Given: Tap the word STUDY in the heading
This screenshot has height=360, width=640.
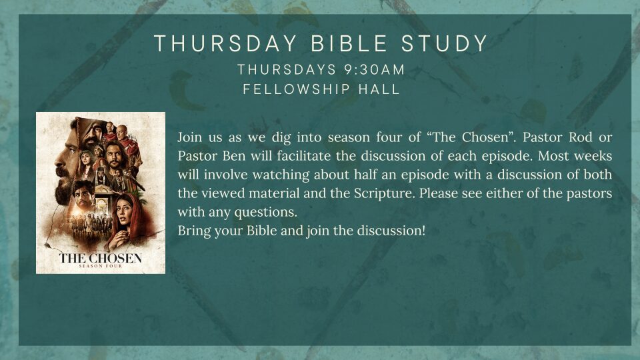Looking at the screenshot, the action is coord(445,44).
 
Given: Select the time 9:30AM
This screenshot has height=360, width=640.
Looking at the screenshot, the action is coord(374,70).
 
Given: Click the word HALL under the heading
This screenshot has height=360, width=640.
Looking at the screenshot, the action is coord(379,89).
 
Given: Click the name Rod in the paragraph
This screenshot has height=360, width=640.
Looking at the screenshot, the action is coord(581,137).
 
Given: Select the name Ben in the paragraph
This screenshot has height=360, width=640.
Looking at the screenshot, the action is coord(234,156).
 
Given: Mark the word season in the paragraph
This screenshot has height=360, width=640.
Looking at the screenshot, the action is coord(349,137).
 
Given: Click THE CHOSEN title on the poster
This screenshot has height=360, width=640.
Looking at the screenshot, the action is coord(101,258).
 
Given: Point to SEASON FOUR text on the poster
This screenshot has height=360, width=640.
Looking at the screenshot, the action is coord(101,266).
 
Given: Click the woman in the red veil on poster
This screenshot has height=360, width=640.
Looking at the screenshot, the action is coord(127,219).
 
